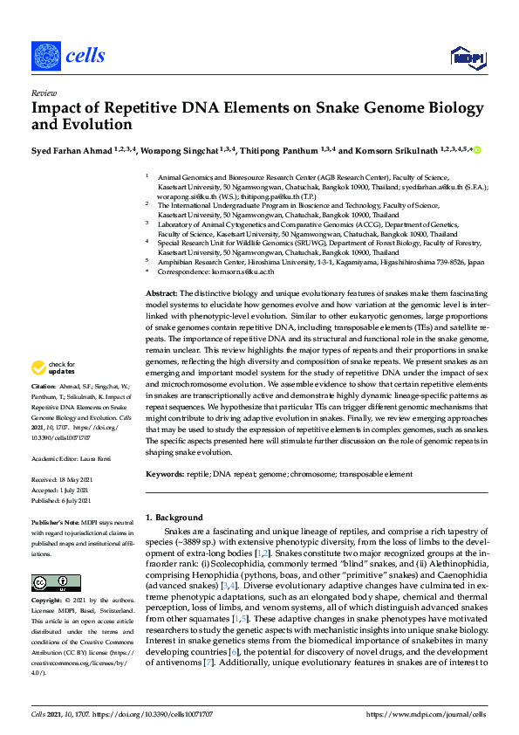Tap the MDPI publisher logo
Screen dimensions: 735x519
[x=467, y=58]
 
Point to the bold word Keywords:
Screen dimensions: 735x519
[x=165, y=473]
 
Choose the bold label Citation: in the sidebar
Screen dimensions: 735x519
[x=44, y=409]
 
